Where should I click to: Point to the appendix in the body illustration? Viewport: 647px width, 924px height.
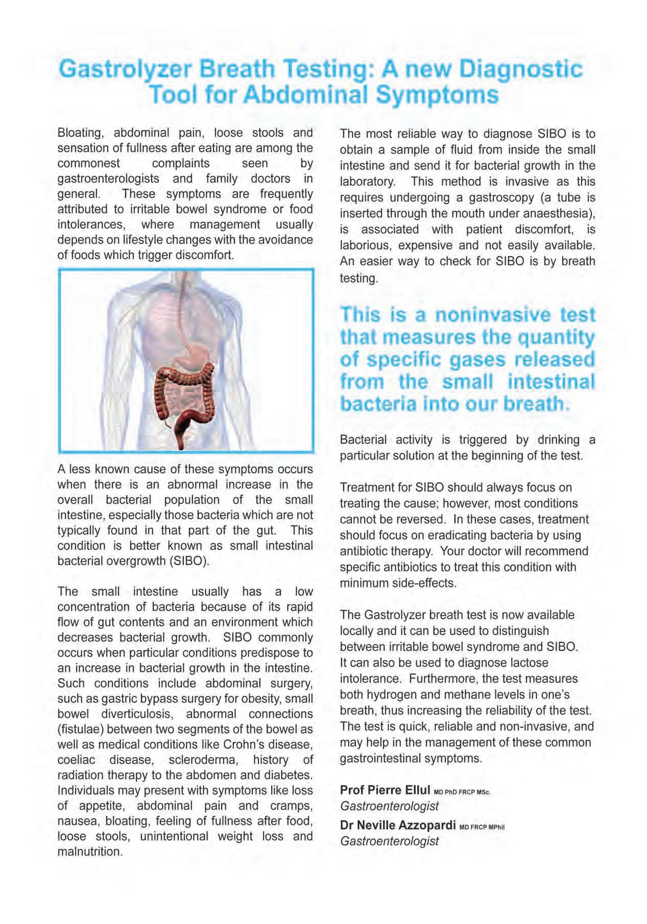coord(166,423)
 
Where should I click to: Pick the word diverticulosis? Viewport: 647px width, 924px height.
coord(137,714)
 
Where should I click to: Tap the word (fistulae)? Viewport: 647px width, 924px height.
coord(80,729)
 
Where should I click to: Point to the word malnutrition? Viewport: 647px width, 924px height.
coord(90,852)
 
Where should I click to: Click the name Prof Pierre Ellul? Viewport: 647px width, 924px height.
coord(385,790)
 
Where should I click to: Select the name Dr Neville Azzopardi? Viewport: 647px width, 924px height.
coord(397,825)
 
